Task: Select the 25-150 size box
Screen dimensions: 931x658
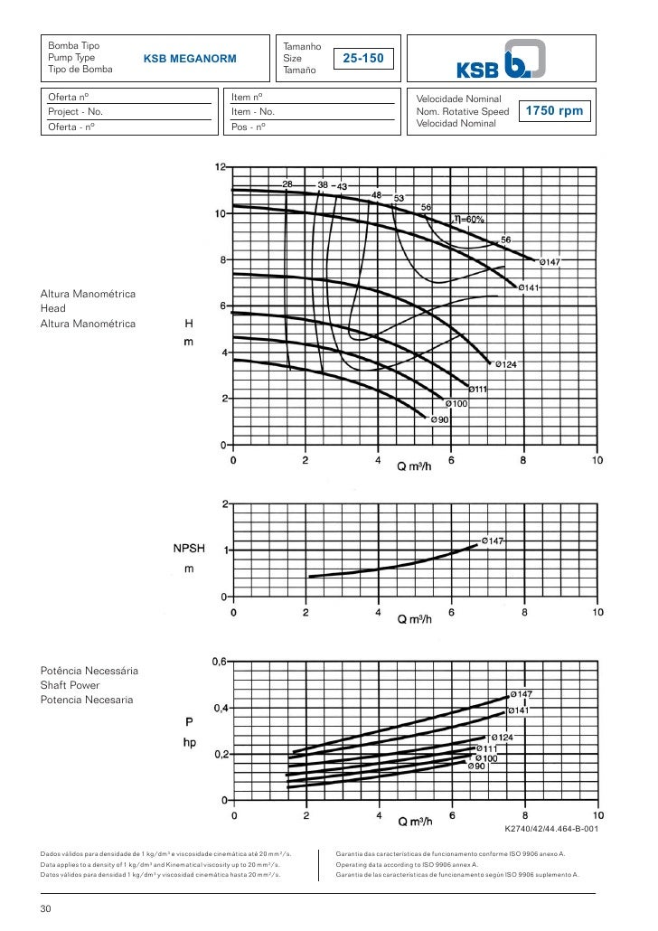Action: coord(364,59)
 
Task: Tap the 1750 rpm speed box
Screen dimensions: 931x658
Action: coord(555,111)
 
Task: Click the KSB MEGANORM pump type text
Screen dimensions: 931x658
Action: coord(190,59)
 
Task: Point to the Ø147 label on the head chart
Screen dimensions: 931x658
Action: coord(550,262)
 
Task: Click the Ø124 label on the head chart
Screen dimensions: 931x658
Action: coord(503,364)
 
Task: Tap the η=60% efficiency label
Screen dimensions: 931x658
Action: coord(469,219)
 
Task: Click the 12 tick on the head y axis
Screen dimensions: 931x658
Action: coord(221,167)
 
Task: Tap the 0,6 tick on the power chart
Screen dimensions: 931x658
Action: coord(220,662)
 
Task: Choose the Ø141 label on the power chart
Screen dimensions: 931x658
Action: coord(523,710)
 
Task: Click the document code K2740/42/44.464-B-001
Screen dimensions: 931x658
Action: coord(550,828)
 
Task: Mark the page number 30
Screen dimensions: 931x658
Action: coord(46,909)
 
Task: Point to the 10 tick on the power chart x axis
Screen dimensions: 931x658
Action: coord(597,814)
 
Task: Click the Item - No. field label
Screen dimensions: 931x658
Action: coord(253,112)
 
